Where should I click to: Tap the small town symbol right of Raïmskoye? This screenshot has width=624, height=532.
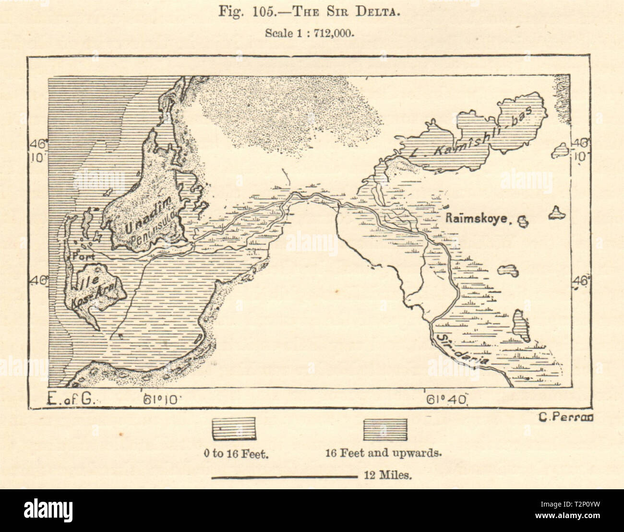click(522, 221)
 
